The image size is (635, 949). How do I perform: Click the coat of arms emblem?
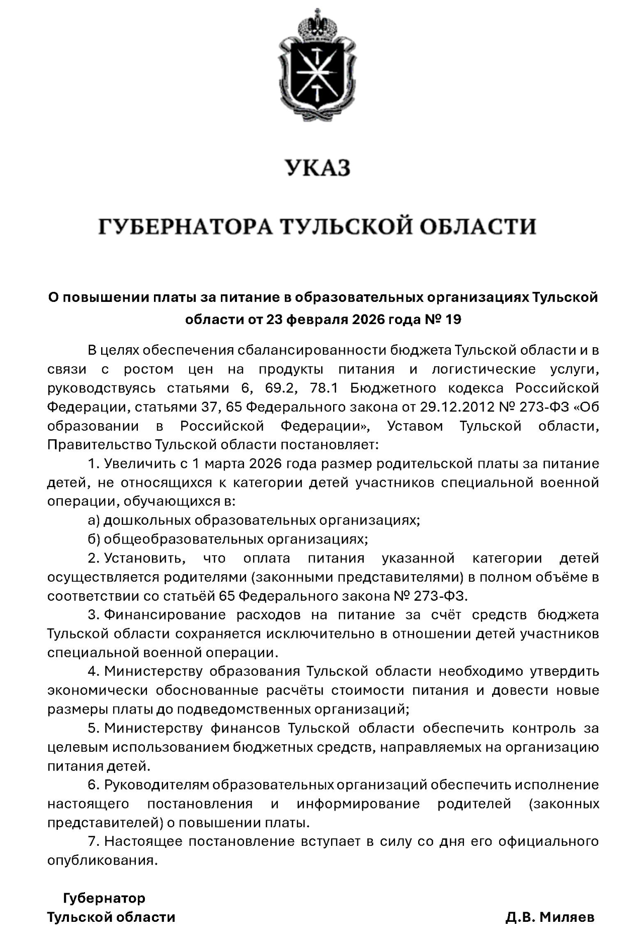317,68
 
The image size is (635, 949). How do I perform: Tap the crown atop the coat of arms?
317,23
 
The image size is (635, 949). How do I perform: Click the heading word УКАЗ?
317,168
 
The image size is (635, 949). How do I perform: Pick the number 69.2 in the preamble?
275,388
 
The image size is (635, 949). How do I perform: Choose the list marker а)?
94,520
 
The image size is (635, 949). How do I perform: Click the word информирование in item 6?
358,804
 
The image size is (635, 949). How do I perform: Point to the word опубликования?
103,860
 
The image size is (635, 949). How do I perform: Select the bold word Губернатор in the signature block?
104,898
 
